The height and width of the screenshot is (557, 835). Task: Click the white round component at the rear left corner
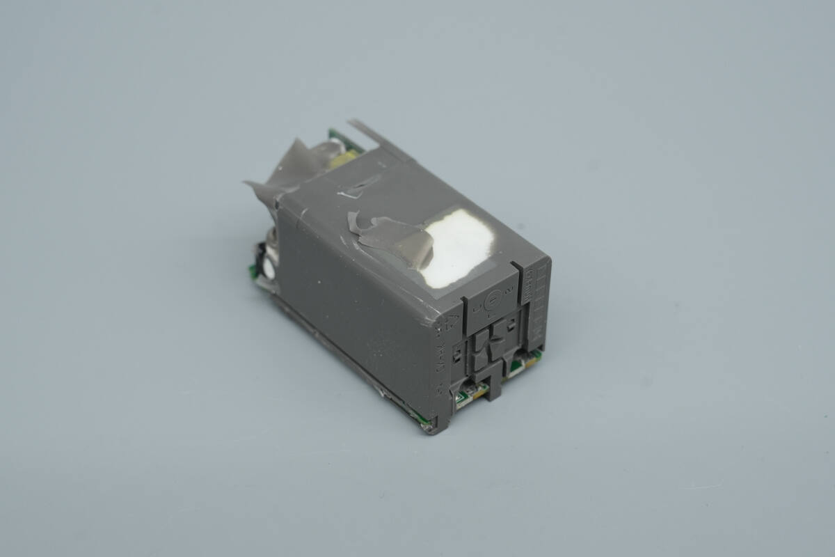click(268, 266)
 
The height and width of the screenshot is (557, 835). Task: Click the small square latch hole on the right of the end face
click(512, 324)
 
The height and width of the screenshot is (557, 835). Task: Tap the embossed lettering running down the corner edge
click(440, 369)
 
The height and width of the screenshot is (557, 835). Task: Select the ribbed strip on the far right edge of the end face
click(537, 306)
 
